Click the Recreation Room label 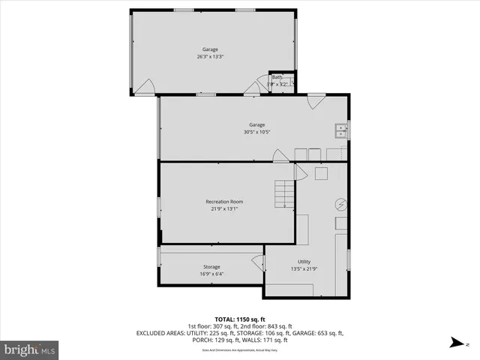224,201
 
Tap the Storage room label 211,266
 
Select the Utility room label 304,262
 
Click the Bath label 277,77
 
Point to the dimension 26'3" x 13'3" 209,56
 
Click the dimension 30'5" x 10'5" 256,132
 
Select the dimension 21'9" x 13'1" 224,208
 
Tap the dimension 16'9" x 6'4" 211,274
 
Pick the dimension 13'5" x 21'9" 304,268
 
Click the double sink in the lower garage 340,130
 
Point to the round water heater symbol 340,204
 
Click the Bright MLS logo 30,349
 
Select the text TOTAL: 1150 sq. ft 239,319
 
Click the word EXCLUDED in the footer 153,332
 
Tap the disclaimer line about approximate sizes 239,350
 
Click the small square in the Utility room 322,174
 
